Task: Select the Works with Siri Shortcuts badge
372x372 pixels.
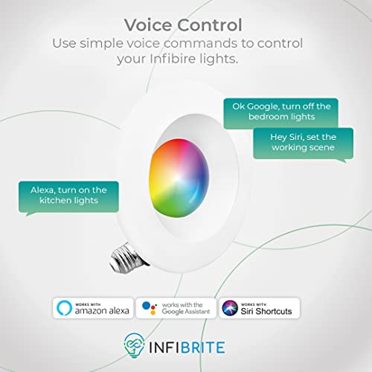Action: click(260, 307)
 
